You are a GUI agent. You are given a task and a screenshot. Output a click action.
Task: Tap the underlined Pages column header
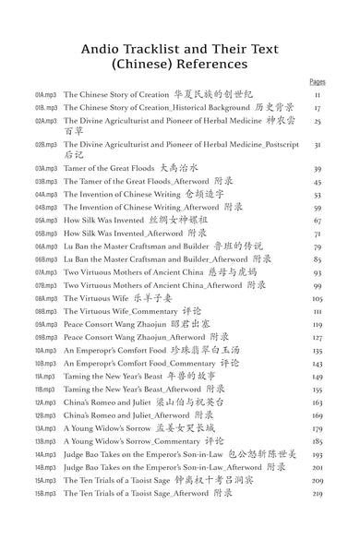coord(317,81)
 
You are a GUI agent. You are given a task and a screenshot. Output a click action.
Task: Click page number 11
coord(318,94)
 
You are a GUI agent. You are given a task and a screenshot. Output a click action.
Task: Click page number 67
coord(318,222)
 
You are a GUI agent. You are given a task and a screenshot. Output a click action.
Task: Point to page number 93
coord(318,273)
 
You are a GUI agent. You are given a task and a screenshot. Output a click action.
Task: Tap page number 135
coord(318,351)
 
